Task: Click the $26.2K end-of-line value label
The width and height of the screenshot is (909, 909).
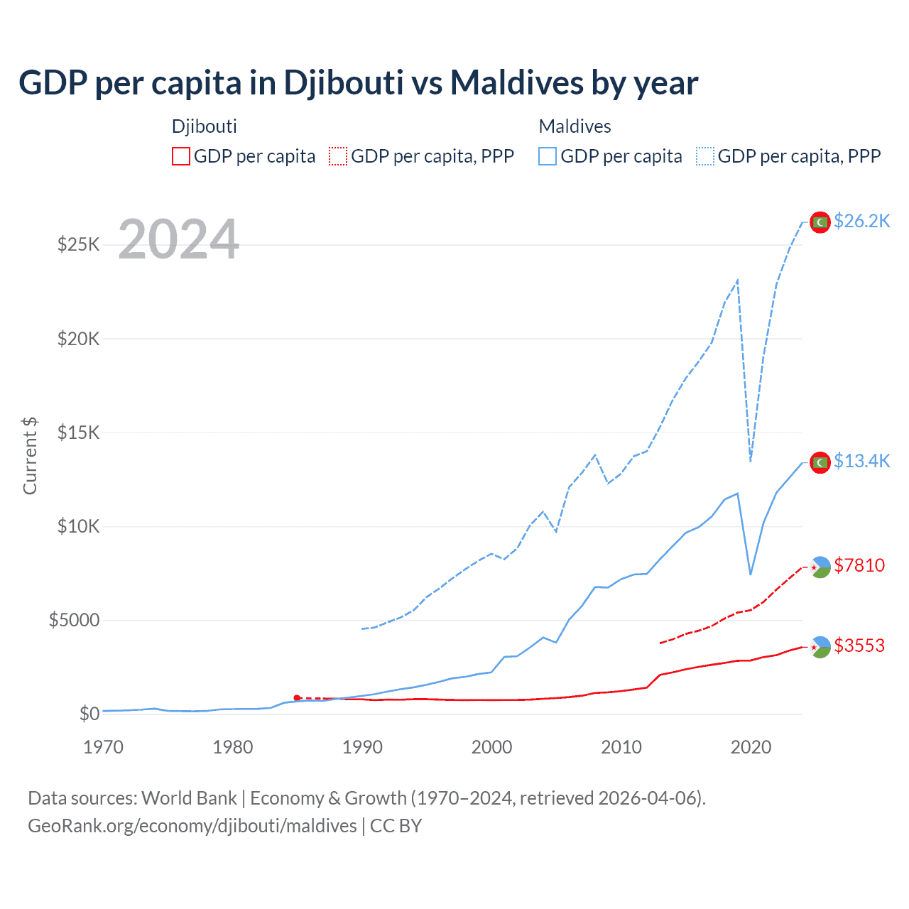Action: tap(861, 222)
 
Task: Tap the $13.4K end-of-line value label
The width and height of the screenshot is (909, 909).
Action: tap(861, 462)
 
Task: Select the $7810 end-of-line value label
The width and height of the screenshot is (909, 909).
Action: tap(859, 565)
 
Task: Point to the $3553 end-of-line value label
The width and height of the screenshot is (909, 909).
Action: tap(859, 646)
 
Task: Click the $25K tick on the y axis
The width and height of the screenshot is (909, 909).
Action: tap(79, 245)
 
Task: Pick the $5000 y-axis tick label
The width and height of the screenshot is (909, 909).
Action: tap(75, 621)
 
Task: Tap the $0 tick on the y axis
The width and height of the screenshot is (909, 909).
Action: tap(89, 714)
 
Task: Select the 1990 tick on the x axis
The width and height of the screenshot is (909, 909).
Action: tap(362, 747)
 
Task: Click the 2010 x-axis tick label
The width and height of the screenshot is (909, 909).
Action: tap(621, 747)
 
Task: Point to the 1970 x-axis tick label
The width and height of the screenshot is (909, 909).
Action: tap(103, 747)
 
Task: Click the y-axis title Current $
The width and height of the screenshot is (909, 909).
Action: tap(30, 456)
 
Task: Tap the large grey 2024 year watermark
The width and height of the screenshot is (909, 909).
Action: tap(178, 239)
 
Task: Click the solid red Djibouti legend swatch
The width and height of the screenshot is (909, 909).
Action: tap(181, 156)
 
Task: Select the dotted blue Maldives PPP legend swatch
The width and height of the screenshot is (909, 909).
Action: tap(705, 156)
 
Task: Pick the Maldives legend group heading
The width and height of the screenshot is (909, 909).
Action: tap(575, 126)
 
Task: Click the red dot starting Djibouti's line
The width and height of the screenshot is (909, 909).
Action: tap(297, 698)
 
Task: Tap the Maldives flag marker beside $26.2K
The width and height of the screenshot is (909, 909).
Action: tap(820, 222)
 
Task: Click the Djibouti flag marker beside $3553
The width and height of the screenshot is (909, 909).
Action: tap(820, 647)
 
